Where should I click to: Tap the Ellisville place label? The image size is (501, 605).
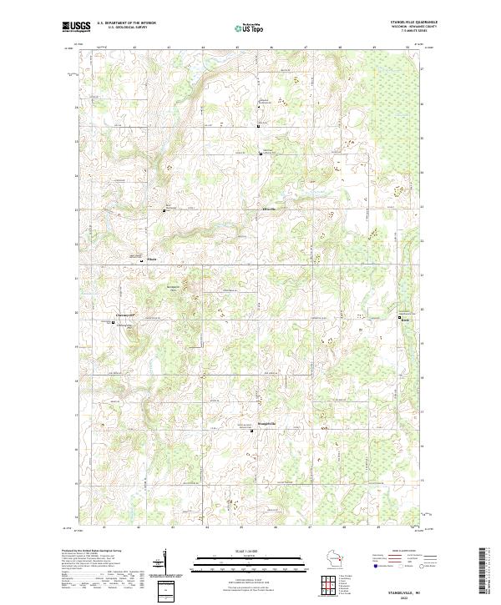(x=269, y=208)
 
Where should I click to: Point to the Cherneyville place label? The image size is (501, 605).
(x=124, y=315)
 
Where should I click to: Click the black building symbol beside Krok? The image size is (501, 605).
(x=400, y=318)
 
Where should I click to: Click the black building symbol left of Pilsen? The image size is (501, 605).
(x=140, y=260)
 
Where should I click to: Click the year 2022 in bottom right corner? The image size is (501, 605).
(x=417, y=597)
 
